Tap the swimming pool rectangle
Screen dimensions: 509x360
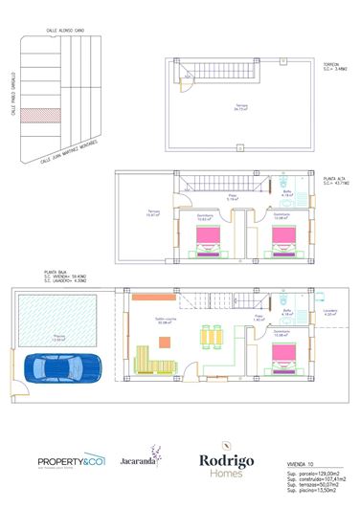58,321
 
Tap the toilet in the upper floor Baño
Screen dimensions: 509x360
287,182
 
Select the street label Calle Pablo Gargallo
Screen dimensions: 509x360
12,97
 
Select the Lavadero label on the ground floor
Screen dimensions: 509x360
330,311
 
